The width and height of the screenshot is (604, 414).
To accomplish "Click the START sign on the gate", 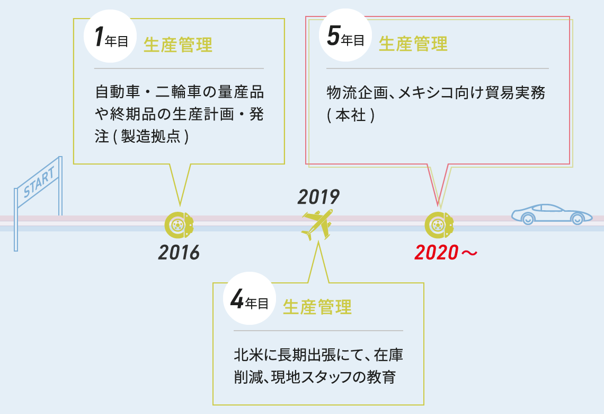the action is tap(39, 182).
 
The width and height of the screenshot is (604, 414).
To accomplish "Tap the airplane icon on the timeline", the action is tap(317, 225).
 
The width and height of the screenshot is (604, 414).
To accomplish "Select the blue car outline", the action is tap(552, 214).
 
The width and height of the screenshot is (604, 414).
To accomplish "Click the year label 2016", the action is tap(179, 252).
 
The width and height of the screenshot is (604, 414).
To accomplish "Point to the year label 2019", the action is tap(318, 197).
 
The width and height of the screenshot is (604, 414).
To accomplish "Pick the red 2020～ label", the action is tap(446, 253).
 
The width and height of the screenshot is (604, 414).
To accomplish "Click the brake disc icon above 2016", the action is tap(179, 225).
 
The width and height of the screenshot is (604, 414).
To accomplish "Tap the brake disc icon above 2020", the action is tap(439, 225).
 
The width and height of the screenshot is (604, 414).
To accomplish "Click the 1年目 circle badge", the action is tap(110, 36).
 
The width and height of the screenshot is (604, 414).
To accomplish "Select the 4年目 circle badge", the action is tap(250, 298).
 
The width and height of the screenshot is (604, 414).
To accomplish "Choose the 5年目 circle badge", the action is tap(345, 35).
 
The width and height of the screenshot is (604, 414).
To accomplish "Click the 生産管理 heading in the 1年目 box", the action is tap(178, 45).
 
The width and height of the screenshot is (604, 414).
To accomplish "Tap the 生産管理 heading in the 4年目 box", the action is tap(317, 307).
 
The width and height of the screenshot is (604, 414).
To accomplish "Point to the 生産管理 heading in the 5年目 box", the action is tap(413, 44).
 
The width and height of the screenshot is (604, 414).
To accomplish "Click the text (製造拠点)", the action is tap(151, 136).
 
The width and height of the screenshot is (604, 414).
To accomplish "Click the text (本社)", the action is tap(351, 115).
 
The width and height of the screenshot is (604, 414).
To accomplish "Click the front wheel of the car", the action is tap(577, 218).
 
